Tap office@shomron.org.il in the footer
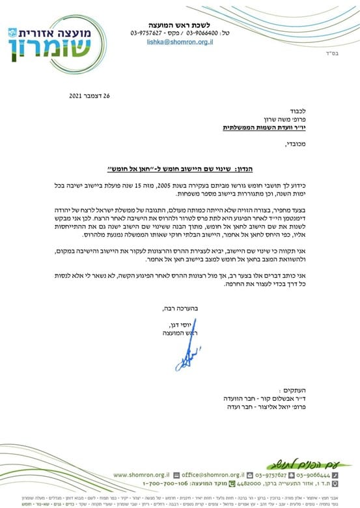click(213, 475)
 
